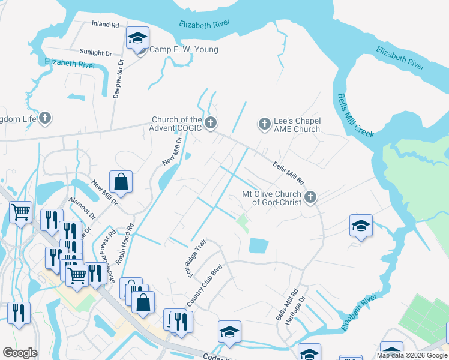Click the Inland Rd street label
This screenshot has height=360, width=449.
coord(105,25)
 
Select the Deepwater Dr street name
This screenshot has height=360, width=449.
coord(119,79)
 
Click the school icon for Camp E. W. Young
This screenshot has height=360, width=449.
coord(137,40)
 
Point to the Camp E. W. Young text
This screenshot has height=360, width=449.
coord(183,50)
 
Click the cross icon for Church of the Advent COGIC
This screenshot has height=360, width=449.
coord(210,124)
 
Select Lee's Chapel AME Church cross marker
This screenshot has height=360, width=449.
coord(264,124)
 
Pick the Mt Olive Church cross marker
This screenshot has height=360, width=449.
coord(310,197)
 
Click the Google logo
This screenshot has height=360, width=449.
coord(20,353)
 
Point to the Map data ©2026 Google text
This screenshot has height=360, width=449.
coord(411,355)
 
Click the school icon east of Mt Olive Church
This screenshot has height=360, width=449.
coord(361,226)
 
